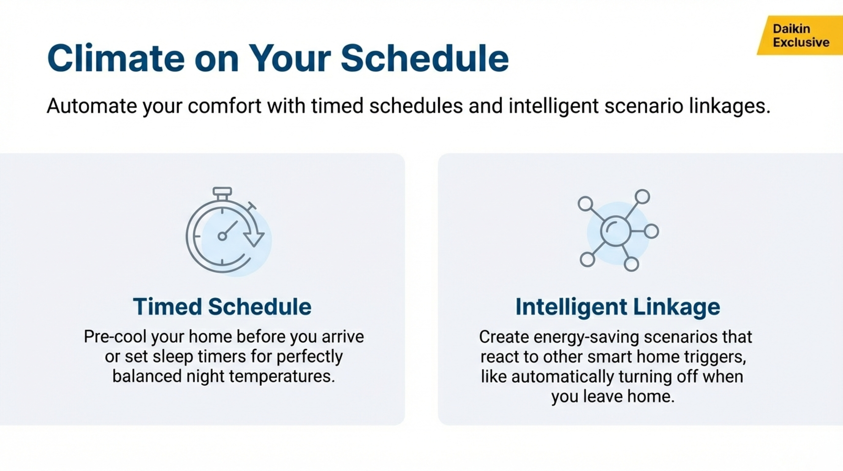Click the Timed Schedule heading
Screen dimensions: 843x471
[x=222, y=307]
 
